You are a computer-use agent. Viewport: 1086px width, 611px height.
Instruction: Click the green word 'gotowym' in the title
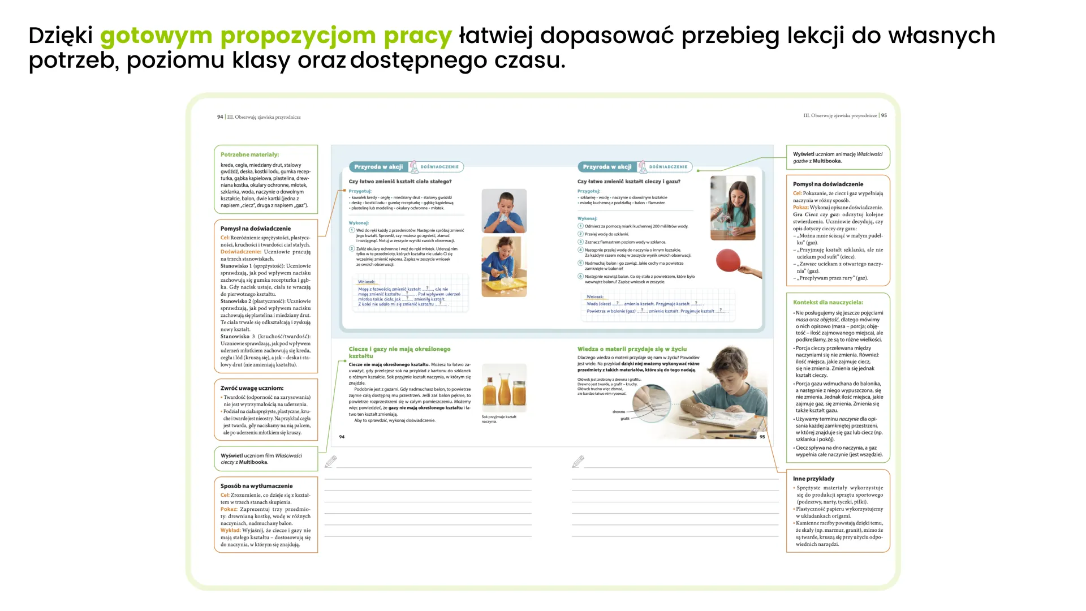click(x=156, y=36)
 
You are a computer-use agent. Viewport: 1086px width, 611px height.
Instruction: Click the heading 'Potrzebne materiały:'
click(x=249, y=154)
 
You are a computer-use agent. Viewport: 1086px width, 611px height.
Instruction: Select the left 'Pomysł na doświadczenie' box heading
click(x=256, y=229)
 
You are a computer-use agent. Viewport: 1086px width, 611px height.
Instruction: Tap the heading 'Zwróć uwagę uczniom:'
click(x=252, y=388)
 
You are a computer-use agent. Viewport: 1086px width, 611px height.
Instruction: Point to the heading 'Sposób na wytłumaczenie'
click(x=256, y=486)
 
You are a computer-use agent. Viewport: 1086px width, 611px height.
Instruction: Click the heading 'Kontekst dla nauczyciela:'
click(x=828, y=302)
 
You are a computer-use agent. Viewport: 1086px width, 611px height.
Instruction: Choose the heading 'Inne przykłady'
click(x=813, y=479)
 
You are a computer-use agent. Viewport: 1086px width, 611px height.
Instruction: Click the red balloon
click(x=729, y=260)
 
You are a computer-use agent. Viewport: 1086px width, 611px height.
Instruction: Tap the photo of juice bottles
click(x=504, y=388)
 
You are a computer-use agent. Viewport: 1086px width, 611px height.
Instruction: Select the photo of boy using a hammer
click(x=504, y=266)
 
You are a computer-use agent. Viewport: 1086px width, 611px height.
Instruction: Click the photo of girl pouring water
click(x=732, y=208)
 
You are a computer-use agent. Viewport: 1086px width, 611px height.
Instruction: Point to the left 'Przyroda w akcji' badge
click(x=378, y=167)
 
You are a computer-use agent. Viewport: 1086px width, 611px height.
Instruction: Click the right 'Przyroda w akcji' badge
click(x=607, y=167)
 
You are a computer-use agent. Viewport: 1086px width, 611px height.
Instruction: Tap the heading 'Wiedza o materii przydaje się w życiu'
click(x=632, y=349)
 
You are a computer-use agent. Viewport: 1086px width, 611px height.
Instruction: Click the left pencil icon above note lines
click(x=331, y=462)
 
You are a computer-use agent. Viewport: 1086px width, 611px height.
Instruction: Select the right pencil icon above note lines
click(x=578, y=462)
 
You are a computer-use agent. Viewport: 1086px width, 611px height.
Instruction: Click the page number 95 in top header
click(x=884, y=115)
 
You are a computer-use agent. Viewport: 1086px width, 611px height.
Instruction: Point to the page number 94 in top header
click(x=220, y=117)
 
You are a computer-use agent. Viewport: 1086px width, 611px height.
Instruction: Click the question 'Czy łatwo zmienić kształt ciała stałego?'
click(x=400, y=182)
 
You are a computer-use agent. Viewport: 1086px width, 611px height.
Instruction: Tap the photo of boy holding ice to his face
click(x=504, y=211)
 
